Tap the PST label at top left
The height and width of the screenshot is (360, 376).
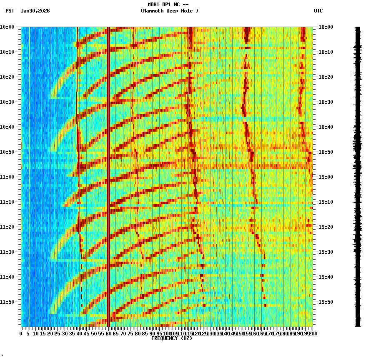[10, 11]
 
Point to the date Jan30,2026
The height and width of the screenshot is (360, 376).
[35, 11]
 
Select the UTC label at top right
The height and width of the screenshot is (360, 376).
[318, 11]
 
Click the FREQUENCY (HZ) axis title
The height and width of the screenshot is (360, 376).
[171, 338]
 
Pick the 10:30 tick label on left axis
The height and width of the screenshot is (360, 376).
[7, 102]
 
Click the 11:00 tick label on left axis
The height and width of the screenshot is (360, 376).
[7, 177]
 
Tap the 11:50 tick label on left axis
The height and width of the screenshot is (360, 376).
[7, 302]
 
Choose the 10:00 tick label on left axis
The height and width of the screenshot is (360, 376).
[7, 27]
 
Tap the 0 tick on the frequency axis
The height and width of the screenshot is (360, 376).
[21, 334]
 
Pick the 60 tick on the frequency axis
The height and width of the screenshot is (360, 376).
[109, 334]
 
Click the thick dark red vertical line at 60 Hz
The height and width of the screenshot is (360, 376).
[108, 167]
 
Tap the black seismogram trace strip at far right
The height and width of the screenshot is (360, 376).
[358, 175]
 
